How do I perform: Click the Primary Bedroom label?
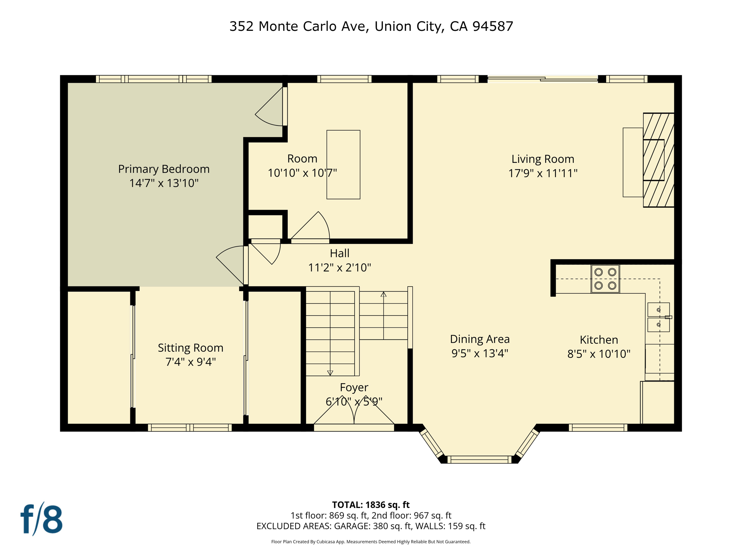pyautogui.click(x=164, y=169)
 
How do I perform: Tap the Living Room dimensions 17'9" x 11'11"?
pyautogui.click(x=542, y=173)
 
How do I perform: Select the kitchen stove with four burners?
pyautogui.click(x=605, y=279)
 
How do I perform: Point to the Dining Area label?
pyautogui.click(x=480, y=339)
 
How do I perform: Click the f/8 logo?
pyautogui.click(x=41, y=519)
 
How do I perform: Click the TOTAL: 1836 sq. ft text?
pyautogui.click(x=371, y=505)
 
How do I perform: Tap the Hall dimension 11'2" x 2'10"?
pyautogui.click(x=339, y=268)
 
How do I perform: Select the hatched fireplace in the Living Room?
pyautogui.click(x=658, y=160)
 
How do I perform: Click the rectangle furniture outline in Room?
pyautogui.click(x=343, y=165)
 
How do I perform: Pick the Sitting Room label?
pyautogui.click(x=191, y=348)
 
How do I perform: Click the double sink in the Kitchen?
pyautogui.click(x=658, y=317)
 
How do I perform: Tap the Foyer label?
pyautogui.click(x=354, y=388)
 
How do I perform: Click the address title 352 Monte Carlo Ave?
pyautogui.click(x=371, y=26)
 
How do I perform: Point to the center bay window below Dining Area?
pyautogui.click(x=479, y=460)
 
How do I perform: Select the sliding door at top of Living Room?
pyautogui.click(x=542, y=78)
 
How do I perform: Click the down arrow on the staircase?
pyautogui.click(x=330, y=372)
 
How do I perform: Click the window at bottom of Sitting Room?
pyautogui.click(x=190, y=428)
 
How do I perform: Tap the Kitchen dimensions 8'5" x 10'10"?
pyautogui.click(x=599, y=354)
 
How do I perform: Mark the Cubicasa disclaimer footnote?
pyautogui.click(x=371, y=542)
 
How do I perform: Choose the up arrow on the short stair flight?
pyautogui.click(x=383, y=294)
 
